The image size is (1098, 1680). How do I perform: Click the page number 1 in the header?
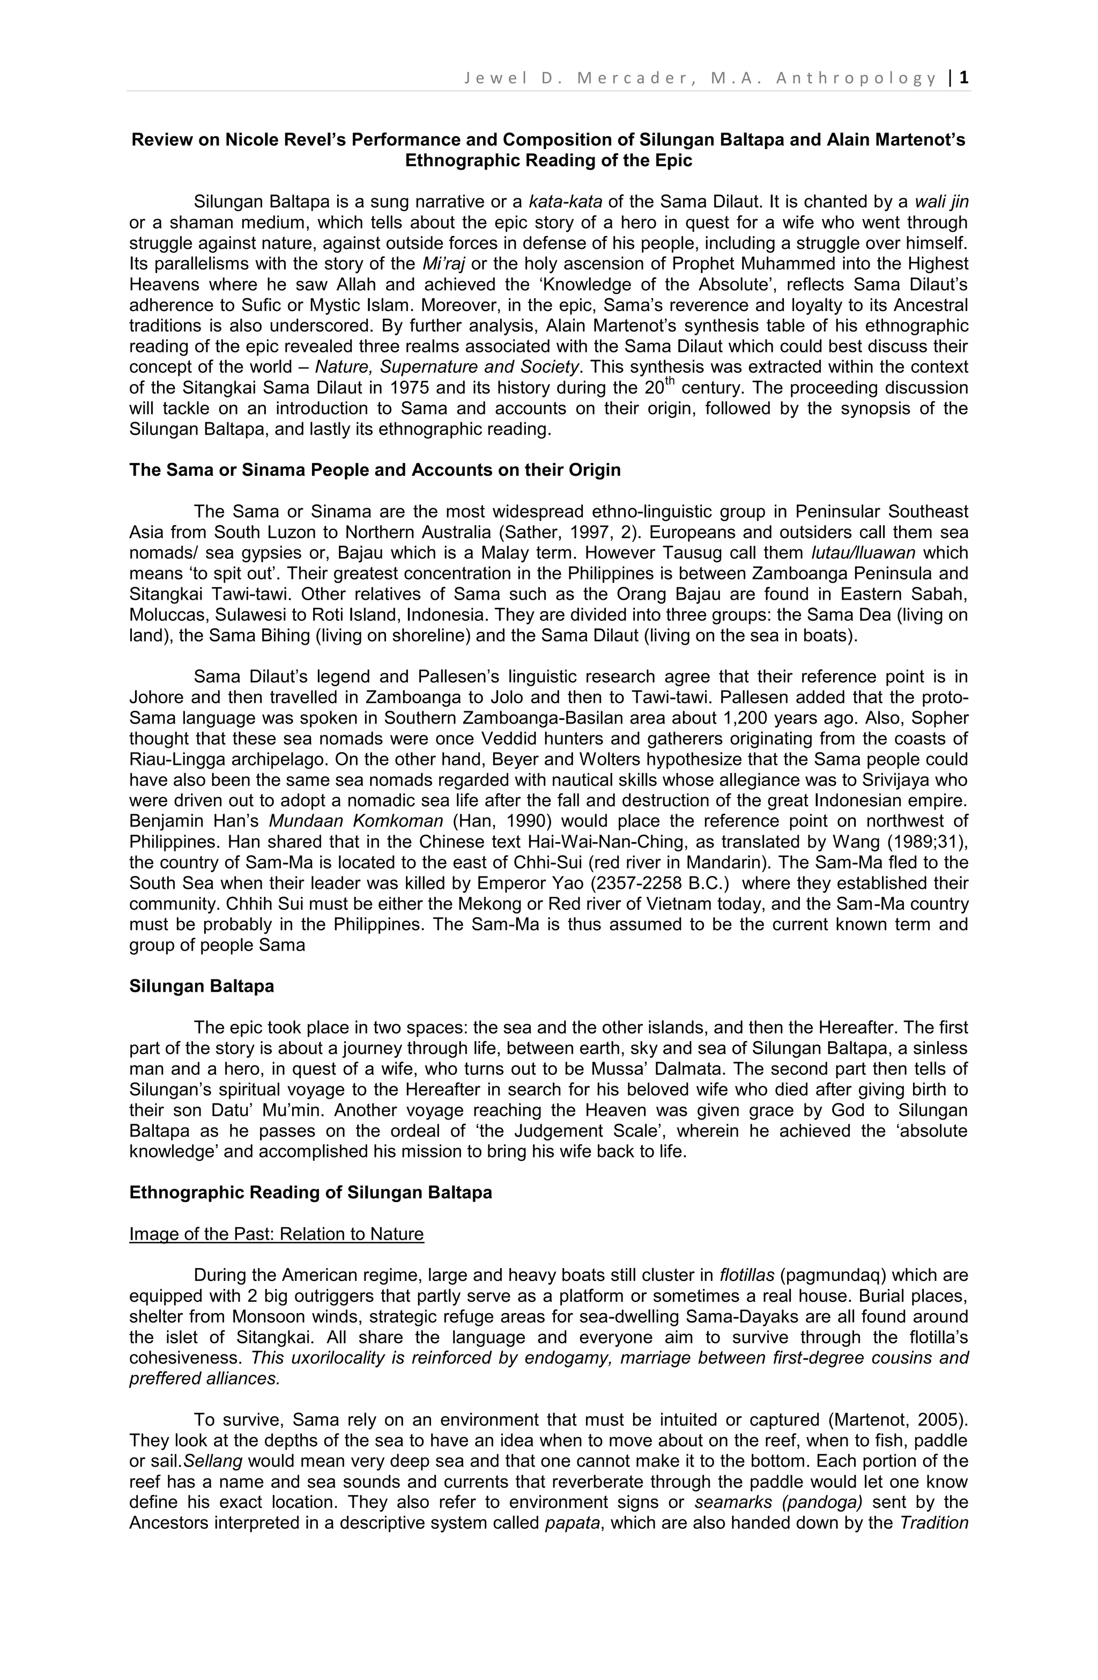point(964,78)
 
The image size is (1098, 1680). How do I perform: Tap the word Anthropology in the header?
point(857,78)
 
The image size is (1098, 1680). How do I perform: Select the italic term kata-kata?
point(565,202)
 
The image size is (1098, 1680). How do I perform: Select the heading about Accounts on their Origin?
point(375,470)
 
